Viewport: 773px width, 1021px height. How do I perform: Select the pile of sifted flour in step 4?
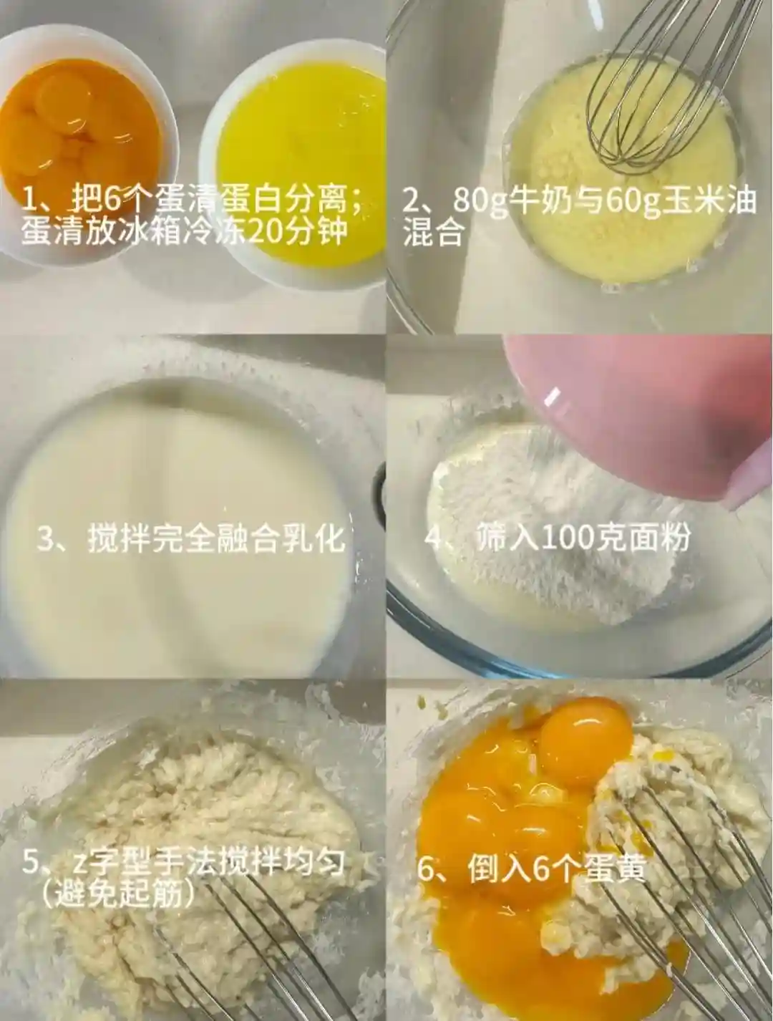[553, 526]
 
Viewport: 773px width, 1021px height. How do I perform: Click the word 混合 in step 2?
[433, 233]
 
